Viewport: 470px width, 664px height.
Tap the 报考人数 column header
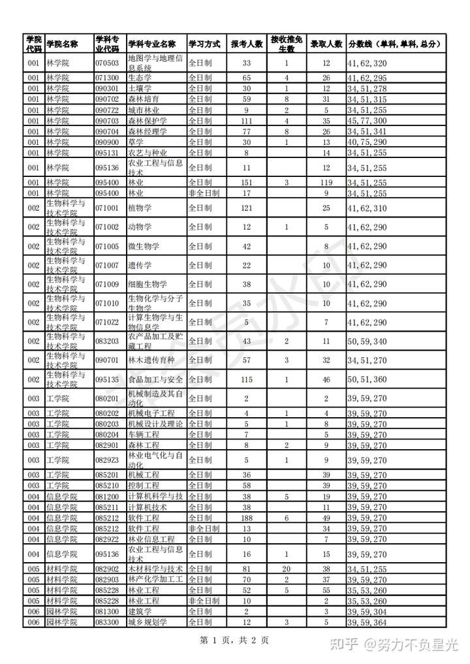247,44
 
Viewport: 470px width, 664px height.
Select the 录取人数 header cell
326,44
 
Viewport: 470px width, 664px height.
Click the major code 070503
107,63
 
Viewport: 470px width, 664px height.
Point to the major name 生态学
140,78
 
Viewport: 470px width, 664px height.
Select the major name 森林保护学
148,121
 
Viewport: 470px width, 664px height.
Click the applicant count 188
246,518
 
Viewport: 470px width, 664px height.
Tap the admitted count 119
326,183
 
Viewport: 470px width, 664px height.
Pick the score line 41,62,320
368,63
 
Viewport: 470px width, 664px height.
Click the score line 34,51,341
368,131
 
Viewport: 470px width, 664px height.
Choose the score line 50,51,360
368,379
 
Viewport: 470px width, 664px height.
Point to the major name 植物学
140,208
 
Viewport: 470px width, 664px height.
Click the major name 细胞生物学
148,284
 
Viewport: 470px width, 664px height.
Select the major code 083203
107,341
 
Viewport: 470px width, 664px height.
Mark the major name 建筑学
140,611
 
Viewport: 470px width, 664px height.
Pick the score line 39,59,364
368,622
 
